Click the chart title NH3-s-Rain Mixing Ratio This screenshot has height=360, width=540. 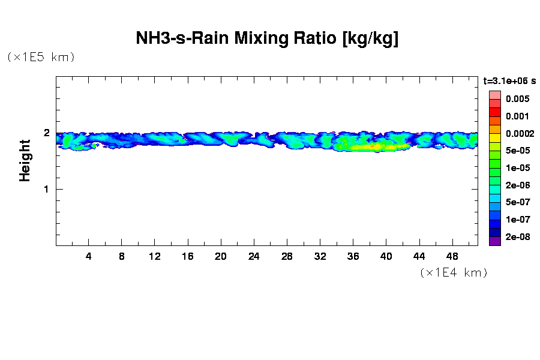click(x=268, y=39)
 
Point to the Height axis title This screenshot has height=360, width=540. click(x=25, y=160)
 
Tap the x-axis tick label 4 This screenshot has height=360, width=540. click(x=89, y=256)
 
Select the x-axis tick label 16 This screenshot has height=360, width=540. click(x=188, y=256)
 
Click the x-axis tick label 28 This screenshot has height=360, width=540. click(x=287, y=256)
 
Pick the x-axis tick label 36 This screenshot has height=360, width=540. click(x=353, y=256)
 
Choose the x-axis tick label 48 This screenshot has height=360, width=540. click(x=452, y=256)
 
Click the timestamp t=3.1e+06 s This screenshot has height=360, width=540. click(x=509, y=80)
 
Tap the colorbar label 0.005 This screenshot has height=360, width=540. click(x=517, y=99)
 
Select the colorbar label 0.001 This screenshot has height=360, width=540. click(x=517, y=116)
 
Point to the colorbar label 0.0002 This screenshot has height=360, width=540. click(x=519, y=134)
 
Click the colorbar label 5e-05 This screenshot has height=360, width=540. click(x=517, y=151)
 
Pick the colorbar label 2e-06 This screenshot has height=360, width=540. click(x=517, y=185)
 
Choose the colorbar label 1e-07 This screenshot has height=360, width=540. click(x=517, y=220)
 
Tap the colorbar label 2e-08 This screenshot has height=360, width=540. click(x=517, y=237)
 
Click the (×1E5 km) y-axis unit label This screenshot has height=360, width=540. click(x=41, y=57)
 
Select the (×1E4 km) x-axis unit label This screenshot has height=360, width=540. click(x=454, y=272)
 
